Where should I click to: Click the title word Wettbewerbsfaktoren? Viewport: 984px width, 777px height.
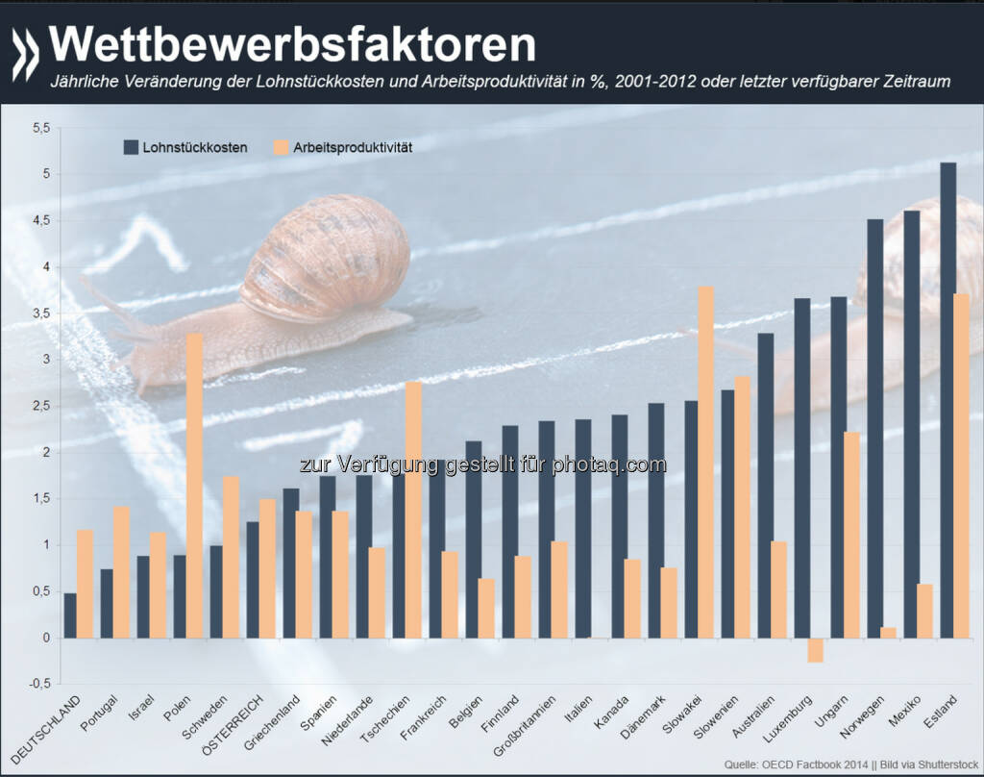point(292,45)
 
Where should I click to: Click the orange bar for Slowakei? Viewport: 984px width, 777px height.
point(705,462)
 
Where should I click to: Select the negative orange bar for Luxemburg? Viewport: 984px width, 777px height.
point(788,650)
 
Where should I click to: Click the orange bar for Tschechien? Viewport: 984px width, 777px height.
point(412,510)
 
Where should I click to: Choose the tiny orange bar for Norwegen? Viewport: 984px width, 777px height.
point(888,633)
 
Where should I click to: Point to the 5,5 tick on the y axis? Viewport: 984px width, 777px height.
point(39,127)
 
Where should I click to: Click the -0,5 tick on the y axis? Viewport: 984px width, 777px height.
point(37,685)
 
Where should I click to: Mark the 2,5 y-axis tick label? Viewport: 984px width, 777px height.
point(39,406)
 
